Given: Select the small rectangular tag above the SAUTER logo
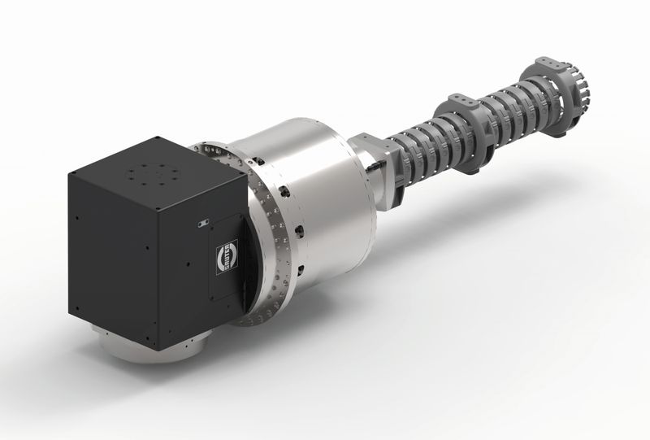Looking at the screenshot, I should click(201, 221).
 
